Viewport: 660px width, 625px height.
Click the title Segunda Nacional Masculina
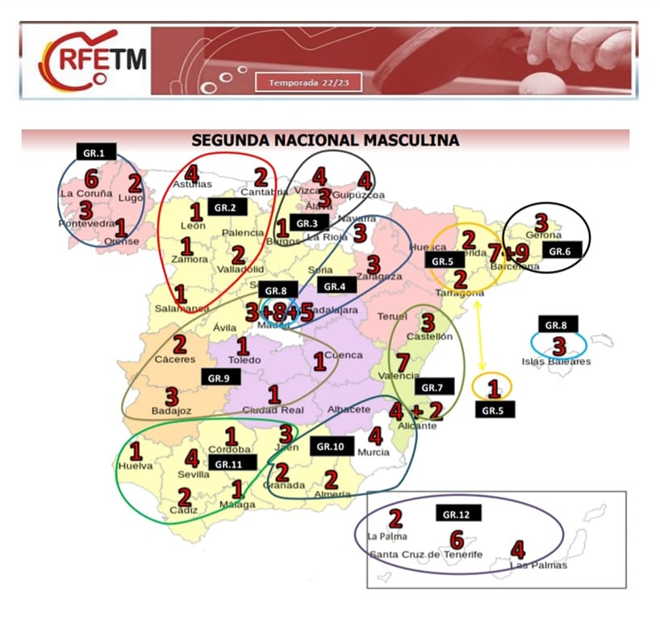tap(325, 140)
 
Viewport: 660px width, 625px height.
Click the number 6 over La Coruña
tap(91, 179)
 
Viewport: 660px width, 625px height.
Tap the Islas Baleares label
tap(556, 361)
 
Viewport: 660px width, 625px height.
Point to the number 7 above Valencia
tap(402, 362)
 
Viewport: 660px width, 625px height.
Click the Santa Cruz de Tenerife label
tap(425, 554)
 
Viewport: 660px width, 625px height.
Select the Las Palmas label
tap(538, 565)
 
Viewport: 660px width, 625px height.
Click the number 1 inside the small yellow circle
tap(493, 390)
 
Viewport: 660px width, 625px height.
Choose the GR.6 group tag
tap(560, 251)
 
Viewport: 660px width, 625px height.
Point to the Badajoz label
tap(172, 411)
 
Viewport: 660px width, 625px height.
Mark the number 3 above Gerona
tap(541, 223)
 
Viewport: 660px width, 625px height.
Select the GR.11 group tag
tap(232, 463)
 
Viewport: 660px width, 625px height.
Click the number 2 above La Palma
tap(395, 519)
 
